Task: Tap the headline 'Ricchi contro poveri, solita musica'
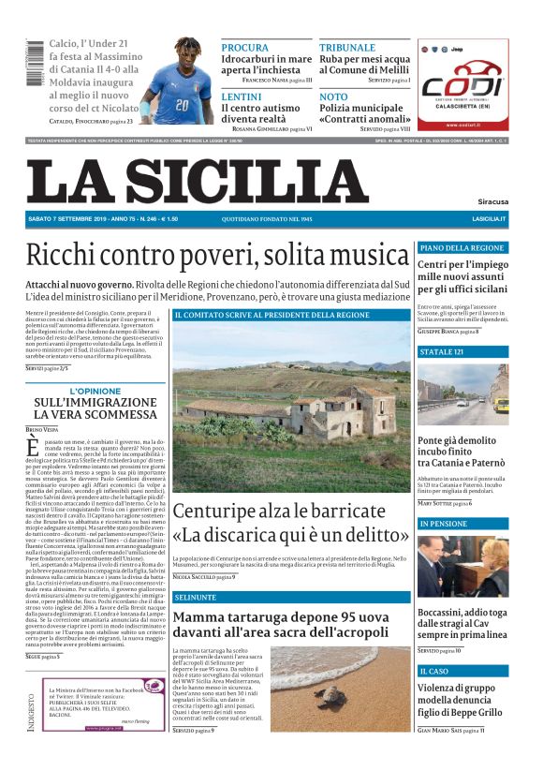click(x=217, y=256)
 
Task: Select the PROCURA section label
click(x=244, y=47)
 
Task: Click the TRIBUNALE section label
click(x=346, y=47)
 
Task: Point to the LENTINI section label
click(x=242, y=96)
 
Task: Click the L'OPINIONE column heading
click(x=95, y=392)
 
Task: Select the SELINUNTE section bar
click(x=291, y=597)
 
